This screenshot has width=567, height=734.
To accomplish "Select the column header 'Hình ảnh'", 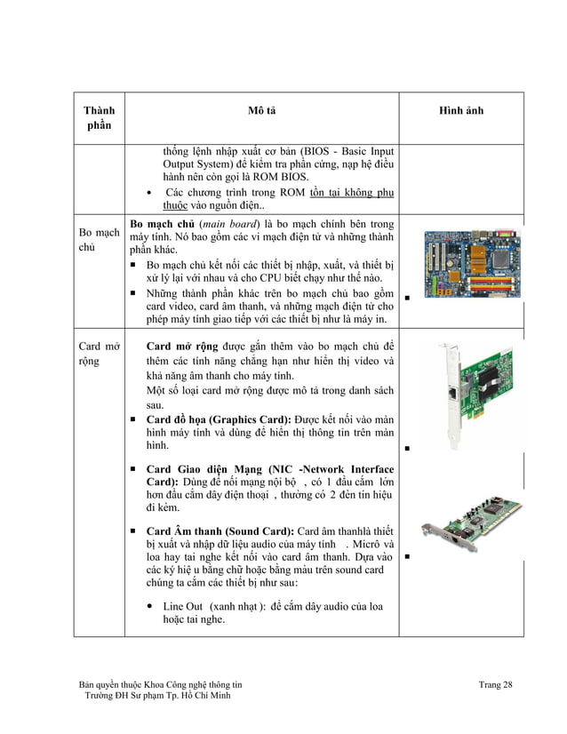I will click(461, 110).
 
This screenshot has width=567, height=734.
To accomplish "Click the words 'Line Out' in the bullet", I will click(184, 606).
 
